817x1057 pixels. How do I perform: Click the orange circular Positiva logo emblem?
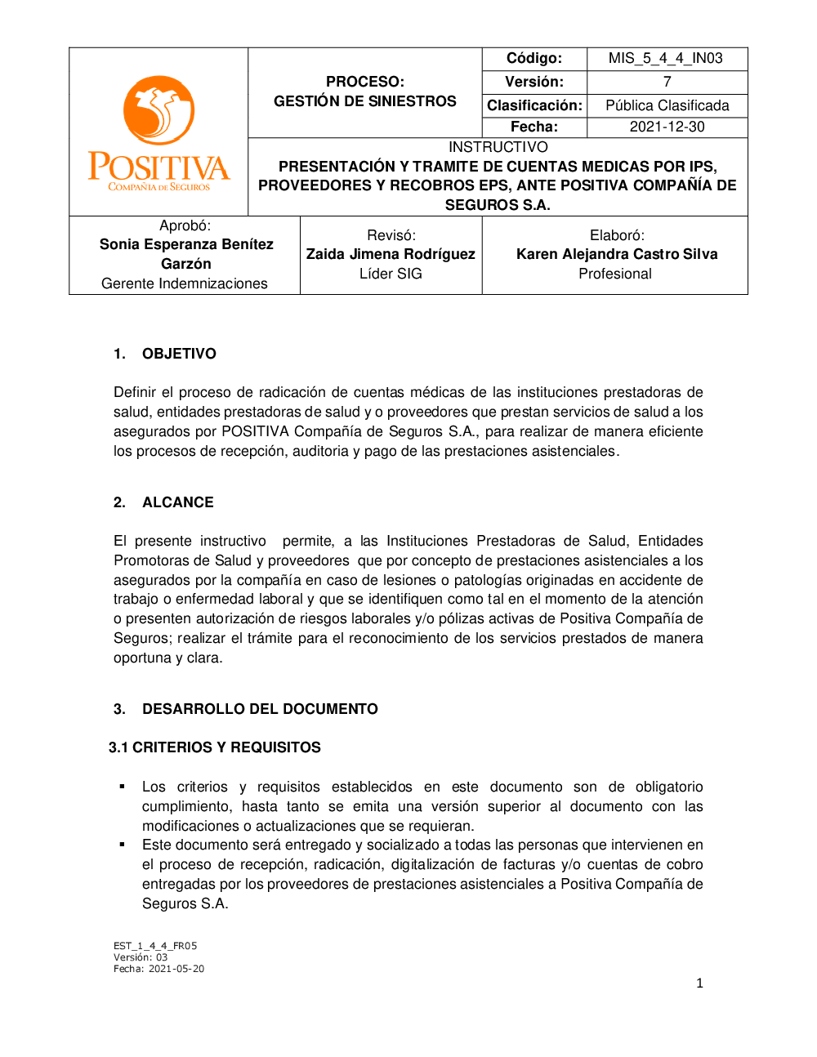pos(158,110)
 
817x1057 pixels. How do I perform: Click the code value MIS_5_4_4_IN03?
pos(666,59)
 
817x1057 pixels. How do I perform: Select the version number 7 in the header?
pos(667,82)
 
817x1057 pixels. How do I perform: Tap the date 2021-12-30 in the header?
pos(667,127)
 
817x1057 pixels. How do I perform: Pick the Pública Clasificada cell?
pos(667,105)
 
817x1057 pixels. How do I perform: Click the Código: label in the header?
pos(534,59)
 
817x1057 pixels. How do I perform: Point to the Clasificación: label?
pos(534,105)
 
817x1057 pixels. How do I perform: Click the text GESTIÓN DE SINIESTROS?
pos(364,101)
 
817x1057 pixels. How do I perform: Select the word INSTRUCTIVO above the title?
pos(498,147)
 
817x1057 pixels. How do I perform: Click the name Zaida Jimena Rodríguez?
pos(391,254)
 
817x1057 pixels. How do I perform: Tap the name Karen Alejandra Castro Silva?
pos(617,254)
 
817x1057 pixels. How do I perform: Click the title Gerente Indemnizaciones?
pos(185,283)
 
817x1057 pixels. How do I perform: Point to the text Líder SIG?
pos(391,274)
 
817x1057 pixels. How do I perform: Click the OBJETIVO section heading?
pos(179,354)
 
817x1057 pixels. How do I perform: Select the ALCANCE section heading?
pos(177,502)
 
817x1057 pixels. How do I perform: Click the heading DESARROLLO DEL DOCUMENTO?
pos(260,709)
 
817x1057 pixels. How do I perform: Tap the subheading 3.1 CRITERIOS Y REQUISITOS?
pos(215,747)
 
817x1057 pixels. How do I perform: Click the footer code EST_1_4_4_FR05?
pos(155,946)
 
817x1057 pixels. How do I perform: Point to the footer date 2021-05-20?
pos(176,969)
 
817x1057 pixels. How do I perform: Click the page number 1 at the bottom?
pos(699,983)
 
